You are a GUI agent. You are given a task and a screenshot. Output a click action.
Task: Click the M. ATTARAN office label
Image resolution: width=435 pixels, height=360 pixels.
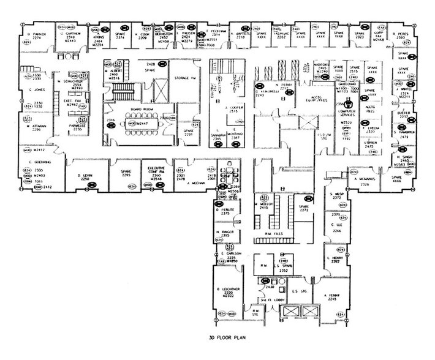point(36,126)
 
